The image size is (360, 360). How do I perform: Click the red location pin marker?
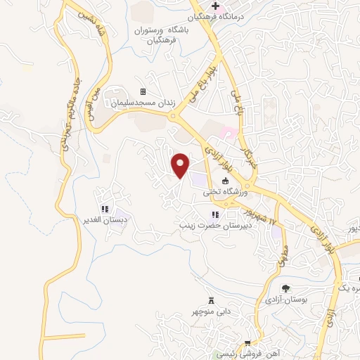click(x=181, y=165)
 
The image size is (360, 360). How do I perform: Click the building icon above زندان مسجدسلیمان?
click(x=143, y=91)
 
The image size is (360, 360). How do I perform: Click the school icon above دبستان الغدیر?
click(x=104, y=209)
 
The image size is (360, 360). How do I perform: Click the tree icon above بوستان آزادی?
click(x=285, y=288)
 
